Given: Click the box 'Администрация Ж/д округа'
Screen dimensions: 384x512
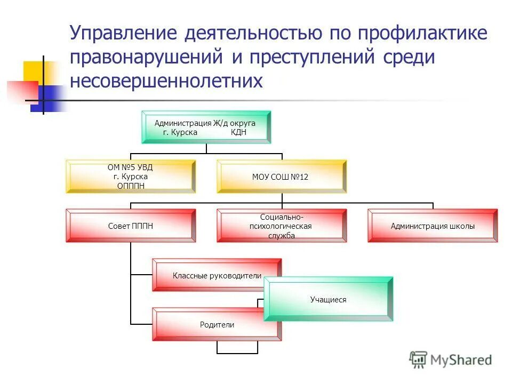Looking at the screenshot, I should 205,127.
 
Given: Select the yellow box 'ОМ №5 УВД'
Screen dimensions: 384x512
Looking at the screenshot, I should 131,177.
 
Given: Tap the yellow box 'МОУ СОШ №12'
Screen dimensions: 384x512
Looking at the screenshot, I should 281,177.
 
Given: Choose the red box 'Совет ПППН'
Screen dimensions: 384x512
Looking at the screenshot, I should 131,226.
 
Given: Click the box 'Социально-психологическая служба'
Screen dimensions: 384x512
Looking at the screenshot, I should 281,226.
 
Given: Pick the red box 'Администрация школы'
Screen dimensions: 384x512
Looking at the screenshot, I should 433,226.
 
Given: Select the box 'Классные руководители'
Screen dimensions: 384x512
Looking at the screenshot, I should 217,275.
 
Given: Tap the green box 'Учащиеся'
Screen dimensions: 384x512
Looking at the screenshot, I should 329,299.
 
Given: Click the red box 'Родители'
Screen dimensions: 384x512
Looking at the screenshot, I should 217,324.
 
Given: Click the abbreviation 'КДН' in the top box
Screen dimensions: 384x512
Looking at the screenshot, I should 238,133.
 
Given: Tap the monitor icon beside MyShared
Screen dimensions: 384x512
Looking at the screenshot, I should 419,360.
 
